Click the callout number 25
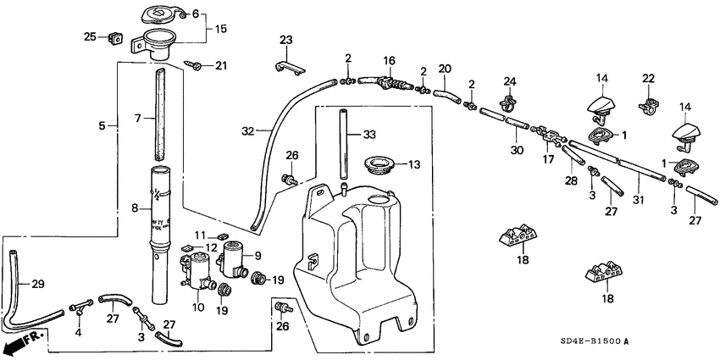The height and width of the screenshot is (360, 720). [x=89, y=36]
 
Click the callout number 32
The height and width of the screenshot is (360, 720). [x=247, y=131]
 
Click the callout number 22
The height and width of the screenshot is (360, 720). [x=650, y=78]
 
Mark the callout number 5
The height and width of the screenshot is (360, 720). [x=102, y=126]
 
